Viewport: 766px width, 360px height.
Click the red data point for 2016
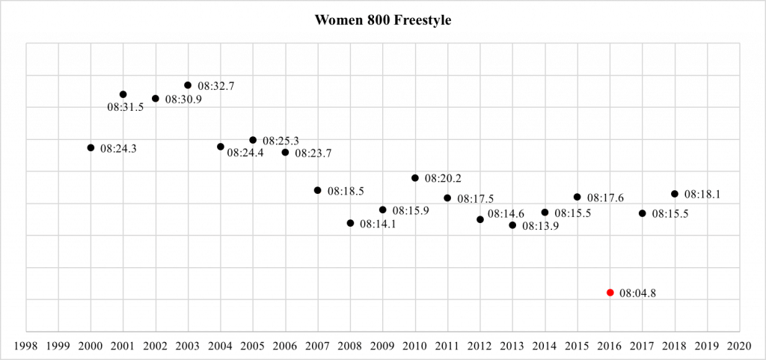(610, 293)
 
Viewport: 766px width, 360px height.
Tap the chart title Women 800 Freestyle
(383, 20)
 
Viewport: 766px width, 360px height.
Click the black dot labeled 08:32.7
(188, 85)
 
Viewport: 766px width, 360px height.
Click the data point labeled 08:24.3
(91, 147)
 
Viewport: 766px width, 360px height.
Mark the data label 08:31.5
(125, 108)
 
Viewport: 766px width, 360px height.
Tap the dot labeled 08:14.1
(350, 223)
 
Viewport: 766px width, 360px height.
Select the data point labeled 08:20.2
(415, 178)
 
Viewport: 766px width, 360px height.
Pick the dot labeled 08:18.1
(675, 194)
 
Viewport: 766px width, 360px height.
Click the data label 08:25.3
(281, 141)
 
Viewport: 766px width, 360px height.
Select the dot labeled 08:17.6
(577, 197)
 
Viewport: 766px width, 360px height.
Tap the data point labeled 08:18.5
(318, 190)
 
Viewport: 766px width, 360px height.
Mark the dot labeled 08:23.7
(285, 152)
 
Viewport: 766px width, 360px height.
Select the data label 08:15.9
(411, 211)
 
